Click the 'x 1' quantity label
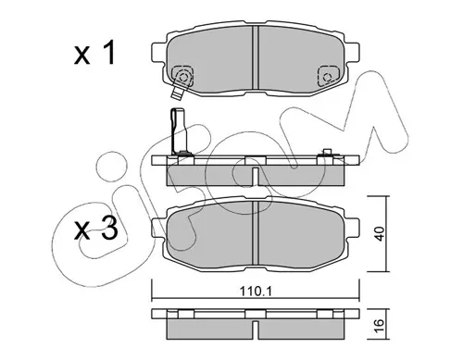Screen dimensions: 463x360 coord(94,54)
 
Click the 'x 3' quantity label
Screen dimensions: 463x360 coord(96,229)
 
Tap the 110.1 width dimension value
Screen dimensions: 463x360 coord(256,291)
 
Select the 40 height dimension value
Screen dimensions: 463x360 coord(380,233)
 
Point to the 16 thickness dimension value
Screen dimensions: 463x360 coord(380,325)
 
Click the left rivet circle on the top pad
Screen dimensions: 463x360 coord(183,77)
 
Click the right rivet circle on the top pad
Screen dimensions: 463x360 coord(327,77)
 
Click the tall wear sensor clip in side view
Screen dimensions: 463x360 coord(178,130)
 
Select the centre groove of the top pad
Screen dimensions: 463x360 coord(256,57)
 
